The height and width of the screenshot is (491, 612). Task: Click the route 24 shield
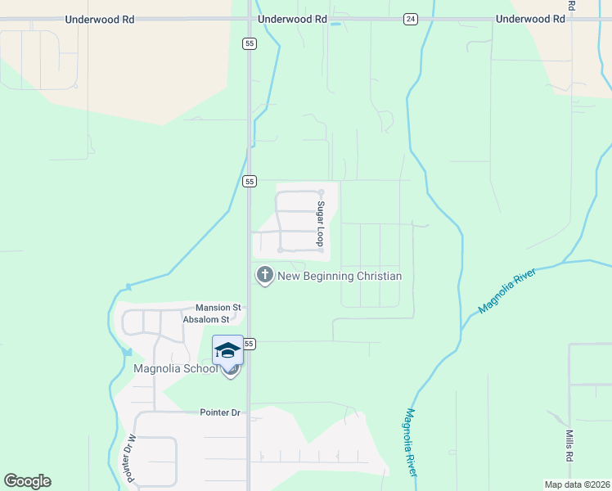click(410, 19)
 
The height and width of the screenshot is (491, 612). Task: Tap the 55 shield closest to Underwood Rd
click(249, 43)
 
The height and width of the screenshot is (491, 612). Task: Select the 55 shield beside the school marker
click(250, 344)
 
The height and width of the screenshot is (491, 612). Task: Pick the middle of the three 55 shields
click(250, 181)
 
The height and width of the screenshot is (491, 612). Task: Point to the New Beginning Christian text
click(340, 276)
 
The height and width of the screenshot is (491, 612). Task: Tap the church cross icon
click(264, 275)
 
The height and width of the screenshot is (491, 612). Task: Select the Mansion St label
click(218, 308)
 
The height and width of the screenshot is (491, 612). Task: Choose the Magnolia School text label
click(176, 368)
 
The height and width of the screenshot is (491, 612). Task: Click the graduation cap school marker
click(227, 350)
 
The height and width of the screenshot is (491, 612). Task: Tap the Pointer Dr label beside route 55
click(220, 412)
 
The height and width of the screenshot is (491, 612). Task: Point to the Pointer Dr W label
click(128, 457)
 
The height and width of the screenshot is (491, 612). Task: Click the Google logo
click(27, 481)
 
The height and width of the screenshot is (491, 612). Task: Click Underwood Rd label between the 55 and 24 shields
click(292, 18)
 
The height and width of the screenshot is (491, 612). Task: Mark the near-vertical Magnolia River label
click(411, 443)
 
